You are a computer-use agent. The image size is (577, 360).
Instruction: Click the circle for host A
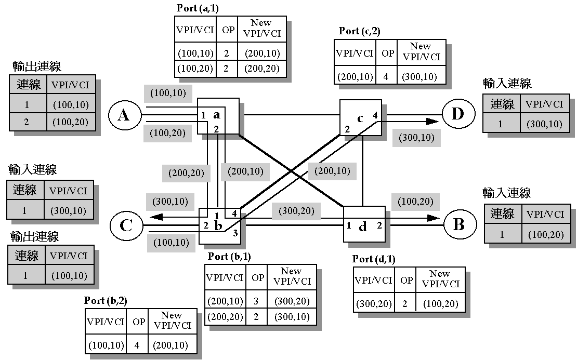point(123,115)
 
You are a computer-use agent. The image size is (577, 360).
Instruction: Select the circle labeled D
point(457,114)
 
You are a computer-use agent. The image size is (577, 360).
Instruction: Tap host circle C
point(126,225)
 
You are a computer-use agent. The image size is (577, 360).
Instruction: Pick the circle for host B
point(458,224)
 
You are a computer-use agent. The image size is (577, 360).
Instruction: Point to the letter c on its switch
point(360,118)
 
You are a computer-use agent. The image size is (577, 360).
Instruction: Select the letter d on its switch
point(363,227)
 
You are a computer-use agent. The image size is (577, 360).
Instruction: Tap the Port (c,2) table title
point(359,31)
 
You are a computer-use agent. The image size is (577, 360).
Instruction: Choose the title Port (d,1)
point(373,259)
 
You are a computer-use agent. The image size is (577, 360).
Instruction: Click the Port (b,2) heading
point(106,301)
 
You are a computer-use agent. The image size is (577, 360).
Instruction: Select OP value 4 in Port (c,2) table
point(385,77)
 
